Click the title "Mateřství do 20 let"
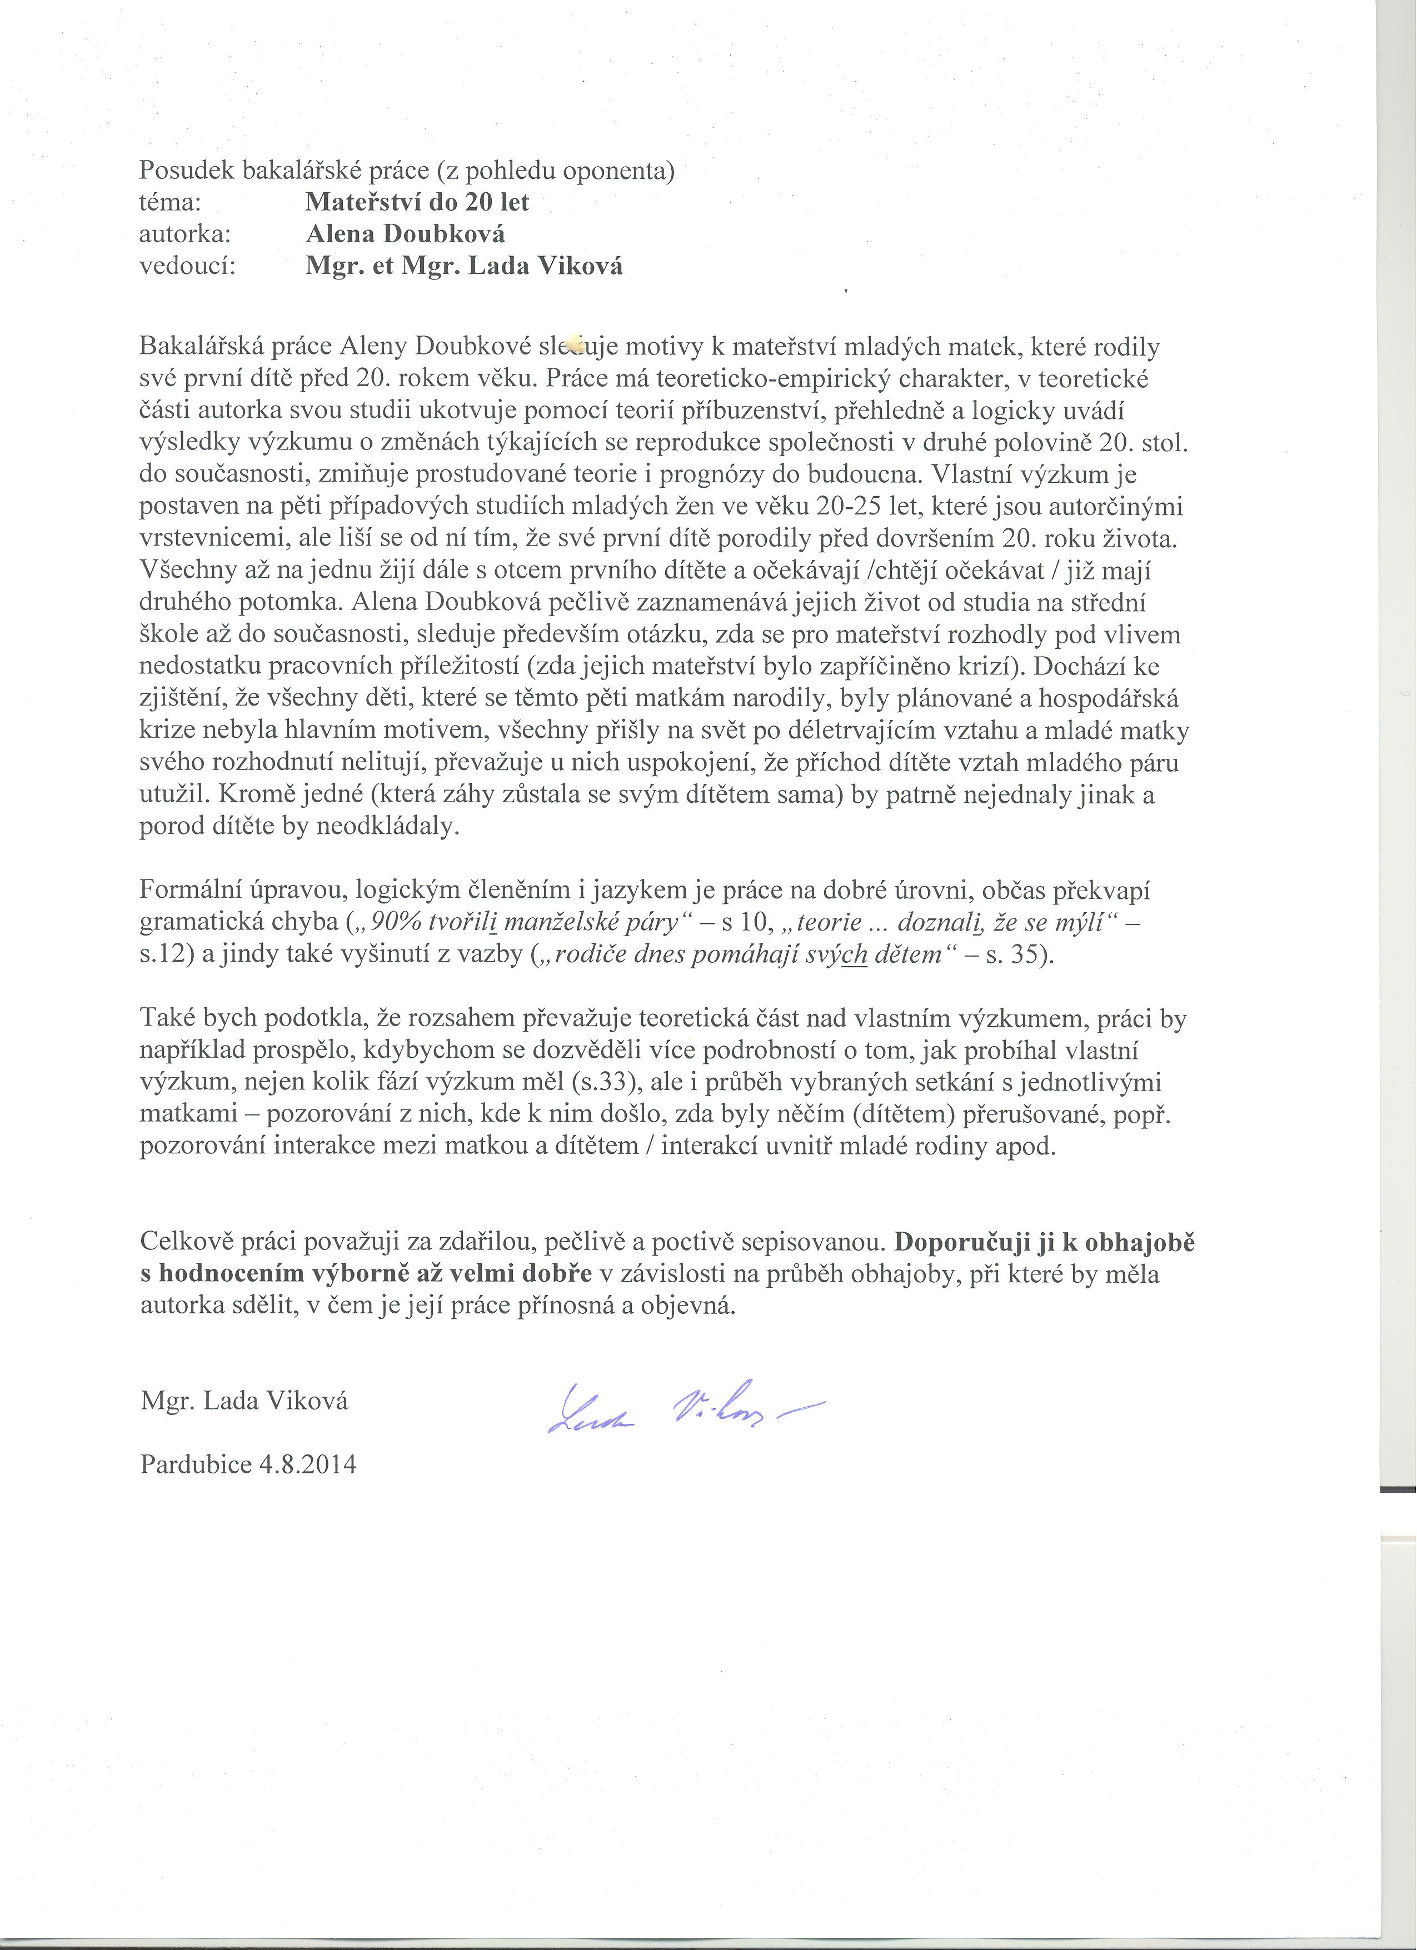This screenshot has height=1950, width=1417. click(x=417, y=202)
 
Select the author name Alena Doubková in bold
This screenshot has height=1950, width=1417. click(x=405, y=234)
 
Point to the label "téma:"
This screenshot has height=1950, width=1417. click(x=169, y=202)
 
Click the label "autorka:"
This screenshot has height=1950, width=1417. click(x=185, y=234)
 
